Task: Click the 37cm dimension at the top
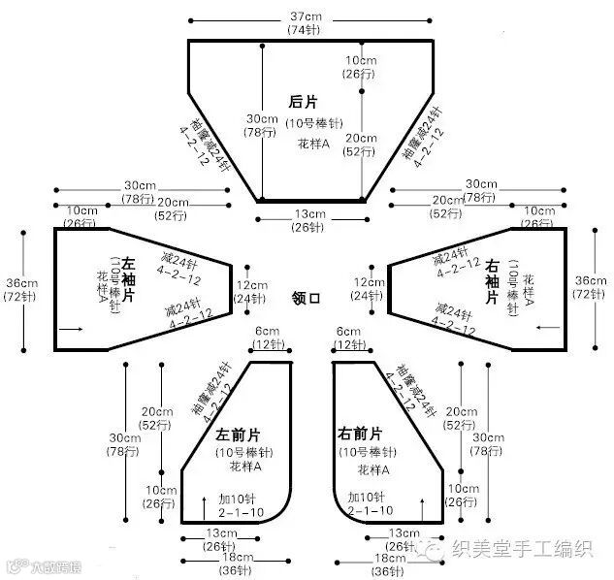(306, 16)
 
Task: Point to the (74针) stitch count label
(306, 30)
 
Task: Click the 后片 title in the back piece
(303, 101)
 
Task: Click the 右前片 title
(360, 433)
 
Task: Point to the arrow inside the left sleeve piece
(71, 330)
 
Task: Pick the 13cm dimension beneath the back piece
(310, 214)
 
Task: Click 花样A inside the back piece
(313, 143)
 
